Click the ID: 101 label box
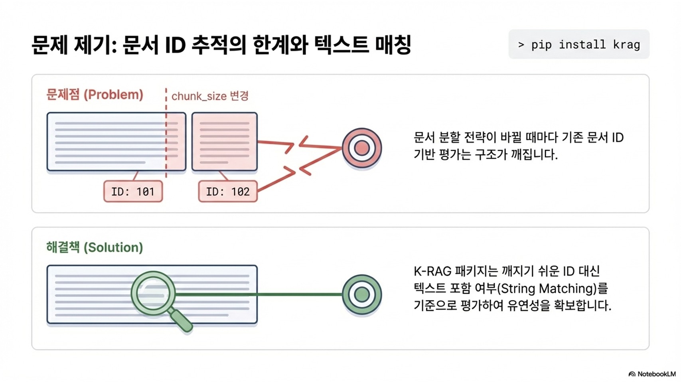click(x=133, y=191)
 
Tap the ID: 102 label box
click(x=228, y=191)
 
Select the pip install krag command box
click(x=579, y=44)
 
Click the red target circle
click(x=362, y=148)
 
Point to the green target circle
click(x=362, y=295)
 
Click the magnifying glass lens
click(x=153, y=293)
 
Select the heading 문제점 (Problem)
click(x=95, y=95)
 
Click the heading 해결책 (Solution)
click(x=95, y=247)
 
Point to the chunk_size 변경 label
click(x=210, y=96)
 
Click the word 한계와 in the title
click(x=280, y=45)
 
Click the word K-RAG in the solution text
click(x=432, y=271)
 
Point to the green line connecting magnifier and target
click(x=259, y=295)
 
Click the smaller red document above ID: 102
click(x=225, y=142)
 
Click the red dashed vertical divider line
click(x=166, y=136)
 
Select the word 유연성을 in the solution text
click(x=529, y=306)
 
